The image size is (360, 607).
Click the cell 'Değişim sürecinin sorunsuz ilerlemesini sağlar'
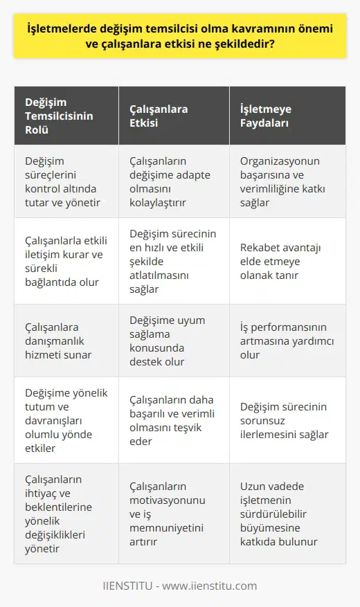pyautogui.click(x=284, y=421)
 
